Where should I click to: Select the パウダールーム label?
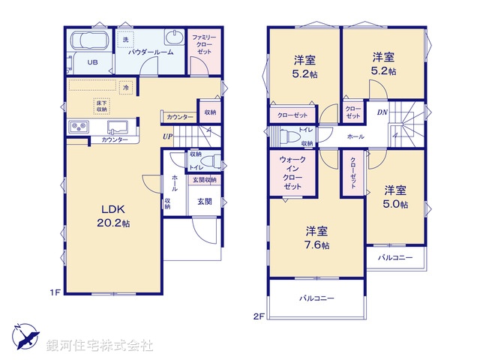tap(151, 52)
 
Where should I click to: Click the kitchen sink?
tap(117, 127)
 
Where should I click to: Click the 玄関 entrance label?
tap(205, 202)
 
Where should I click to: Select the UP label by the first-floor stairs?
tap(168, 136)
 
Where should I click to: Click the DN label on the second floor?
tap(382, 112)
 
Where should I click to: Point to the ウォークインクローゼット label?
tap(292, 172)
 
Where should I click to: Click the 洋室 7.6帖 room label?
tap(316, 238)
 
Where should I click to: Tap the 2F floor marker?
tap(258, 316)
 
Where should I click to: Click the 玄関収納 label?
tap(204, 180)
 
